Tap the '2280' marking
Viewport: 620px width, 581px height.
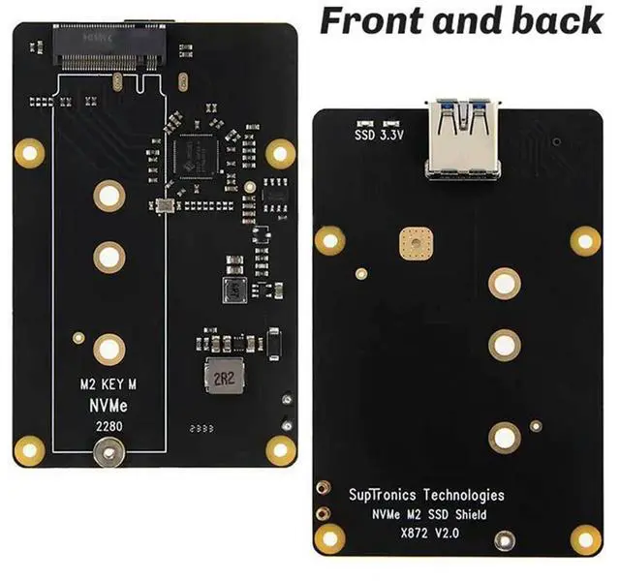108,426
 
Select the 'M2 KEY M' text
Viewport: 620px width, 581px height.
108,385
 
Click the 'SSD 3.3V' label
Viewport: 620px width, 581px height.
380,136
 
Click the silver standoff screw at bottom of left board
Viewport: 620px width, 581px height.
108,451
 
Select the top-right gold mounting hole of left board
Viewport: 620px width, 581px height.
280,151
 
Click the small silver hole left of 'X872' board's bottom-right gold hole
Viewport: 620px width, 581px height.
503,541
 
